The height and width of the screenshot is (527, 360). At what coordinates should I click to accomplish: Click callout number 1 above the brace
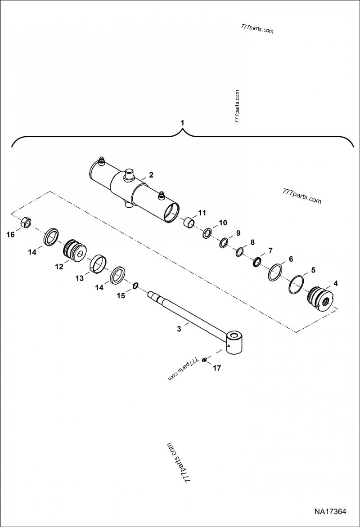182,122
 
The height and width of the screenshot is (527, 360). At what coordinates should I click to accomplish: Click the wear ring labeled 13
99,264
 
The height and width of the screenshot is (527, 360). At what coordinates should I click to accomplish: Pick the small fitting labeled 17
204,360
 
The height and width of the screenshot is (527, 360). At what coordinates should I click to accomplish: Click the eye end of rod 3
236,344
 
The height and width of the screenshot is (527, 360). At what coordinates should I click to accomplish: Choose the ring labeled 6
276,272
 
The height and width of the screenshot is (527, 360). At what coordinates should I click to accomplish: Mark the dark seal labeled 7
257,262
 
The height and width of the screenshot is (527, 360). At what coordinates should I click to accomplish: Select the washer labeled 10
207,233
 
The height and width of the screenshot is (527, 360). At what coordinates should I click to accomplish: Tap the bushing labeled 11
189,223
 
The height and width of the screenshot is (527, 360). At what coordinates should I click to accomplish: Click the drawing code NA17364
330,512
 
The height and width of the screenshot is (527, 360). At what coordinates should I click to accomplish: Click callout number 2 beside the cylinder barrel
151,175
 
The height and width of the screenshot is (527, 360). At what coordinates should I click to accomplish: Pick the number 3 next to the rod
179,329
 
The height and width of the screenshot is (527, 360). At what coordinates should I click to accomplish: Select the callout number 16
10,234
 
